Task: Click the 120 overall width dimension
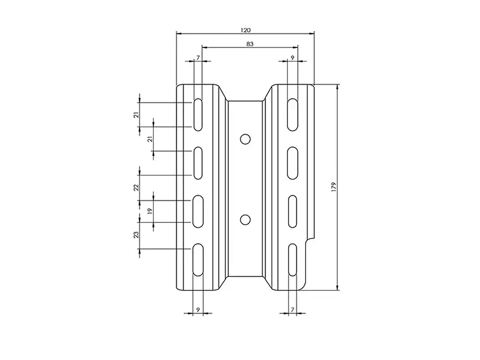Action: pos(245,30)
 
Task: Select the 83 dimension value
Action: pos(250,44)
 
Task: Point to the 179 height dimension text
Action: pos(334,187)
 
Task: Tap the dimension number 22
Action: pos(136,187)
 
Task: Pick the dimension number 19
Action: pos(150,211)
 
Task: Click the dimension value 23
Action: pos(136,235)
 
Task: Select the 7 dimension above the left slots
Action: pos(198,57)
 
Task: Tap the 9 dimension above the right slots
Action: pos(292,57)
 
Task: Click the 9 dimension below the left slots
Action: pos(198,310)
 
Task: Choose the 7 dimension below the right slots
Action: pos(292,310)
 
